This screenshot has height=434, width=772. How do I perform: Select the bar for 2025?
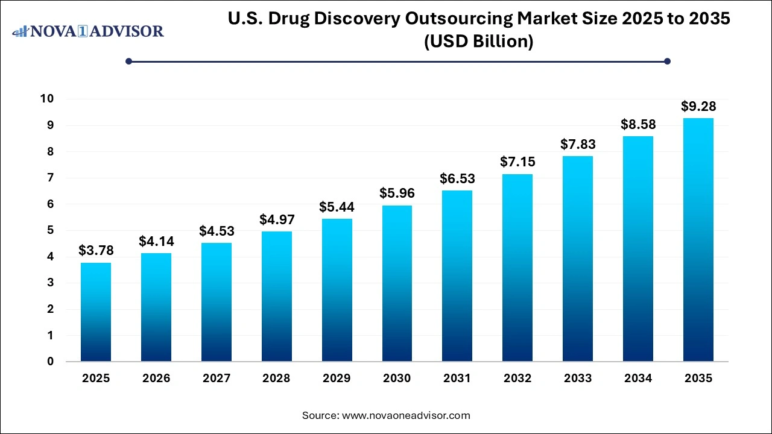(x=96, y=312)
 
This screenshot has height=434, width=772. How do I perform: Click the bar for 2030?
(x=397, y=283)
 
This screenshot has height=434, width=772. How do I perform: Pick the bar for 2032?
(x=517, y=268)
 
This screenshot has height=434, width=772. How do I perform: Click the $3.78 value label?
(x=96, y=251)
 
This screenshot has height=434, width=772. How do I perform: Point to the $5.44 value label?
(x=337, y=207)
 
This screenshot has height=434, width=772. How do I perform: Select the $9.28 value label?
(x=698, y=106)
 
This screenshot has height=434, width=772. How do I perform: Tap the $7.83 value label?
(x=578, y=144)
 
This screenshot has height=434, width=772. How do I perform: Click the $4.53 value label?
(x=217, y=231)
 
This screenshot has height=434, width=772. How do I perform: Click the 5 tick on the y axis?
(x=51, y=230)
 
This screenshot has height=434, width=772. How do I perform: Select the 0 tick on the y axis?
(x=51, y=362)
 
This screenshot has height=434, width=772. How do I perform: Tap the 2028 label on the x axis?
(x=276, y=379)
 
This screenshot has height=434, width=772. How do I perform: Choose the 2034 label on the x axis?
(x=638, y=379)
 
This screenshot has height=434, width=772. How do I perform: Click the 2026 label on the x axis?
(x=156, y=379)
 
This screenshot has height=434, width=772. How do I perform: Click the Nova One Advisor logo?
(x=88, y=31)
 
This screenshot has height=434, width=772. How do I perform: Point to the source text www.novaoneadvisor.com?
(x=406, y=415)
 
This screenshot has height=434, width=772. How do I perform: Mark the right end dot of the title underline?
(x=667, y=61)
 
